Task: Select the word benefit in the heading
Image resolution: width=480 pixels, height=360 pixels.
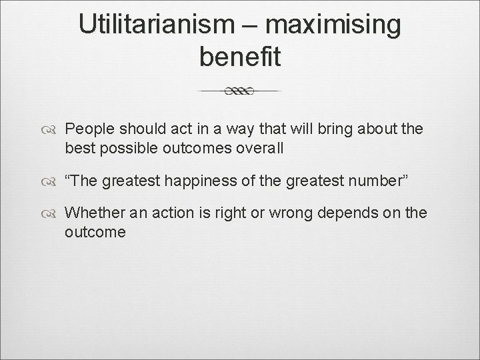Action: (240, 57)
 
